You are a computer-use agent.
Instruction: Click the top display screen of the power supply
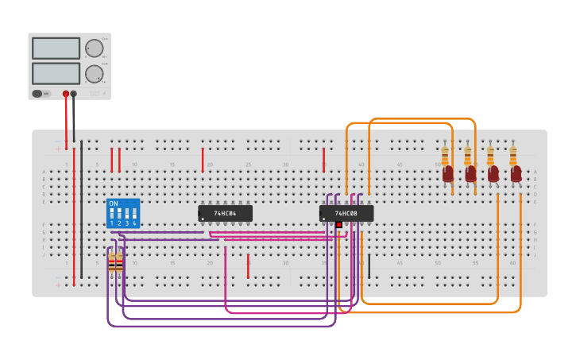point(56,48)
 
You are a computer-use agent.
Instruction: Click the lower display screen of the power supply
point(56,74)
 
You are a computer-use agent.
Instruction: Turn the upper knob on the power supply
point(95,48)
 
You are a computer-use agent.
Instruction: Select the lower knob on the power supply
point(95,74)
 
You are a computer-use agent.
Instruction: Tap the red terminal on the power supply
point(66,94)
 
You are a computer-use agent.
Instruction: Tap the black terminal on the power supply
point(74,94)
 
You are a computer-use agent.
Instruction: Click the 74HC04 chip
point(225,213)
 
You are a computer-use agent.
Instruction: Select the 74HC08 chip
point(346,213)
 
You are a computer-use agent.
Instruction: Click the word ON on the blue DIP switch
point(113,204)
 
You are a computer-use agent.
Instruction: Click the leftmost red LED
point(448,173)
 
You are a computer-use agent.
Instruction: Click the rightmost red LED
point(516,173)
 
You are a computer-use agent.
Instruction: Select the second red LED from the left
point(471,173)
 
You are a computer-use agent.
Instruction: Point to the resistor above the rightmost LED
point(512,154)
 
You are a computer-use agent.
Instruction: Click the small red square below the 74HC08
point(338,225)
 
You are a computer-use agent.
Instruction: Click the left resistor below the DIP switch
point(111,261)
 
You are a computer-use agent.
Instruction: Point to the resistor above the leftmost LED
point(445,154)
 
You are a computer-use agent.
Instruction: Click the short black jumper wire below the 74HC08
point(369,266)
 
